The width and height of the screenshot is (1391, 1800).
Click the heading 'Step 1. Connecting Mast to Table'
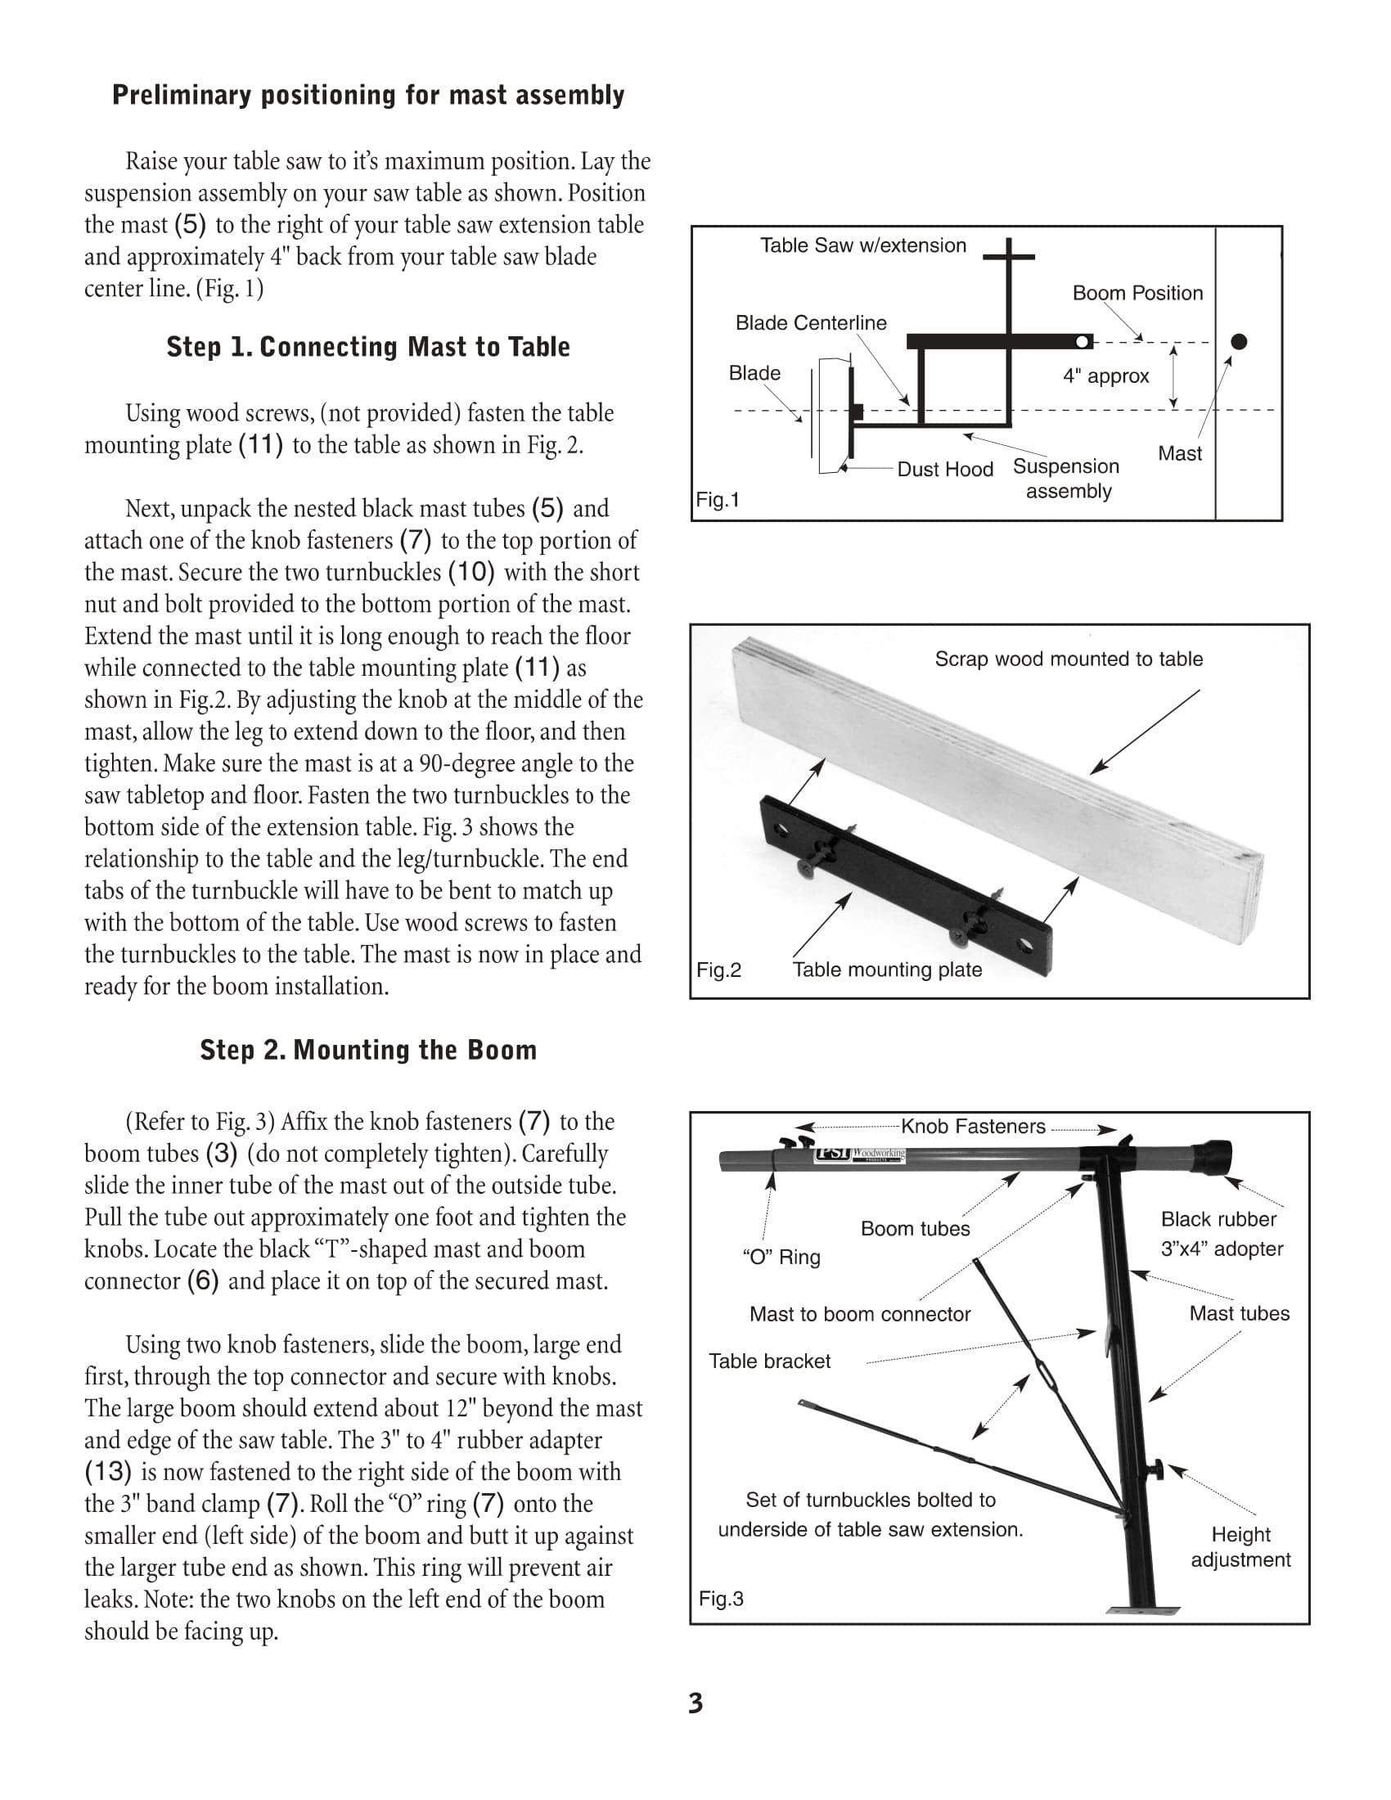click(x=367, y=347)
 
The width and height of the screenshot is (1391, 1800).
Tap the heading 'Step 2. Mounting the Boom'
click(x=367, y=1050)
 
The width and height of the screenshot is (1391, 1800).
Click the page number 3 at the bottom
click(x=695, y=1703)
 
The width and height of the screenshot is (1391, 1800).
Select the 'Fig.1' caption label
click(x=718, y=499)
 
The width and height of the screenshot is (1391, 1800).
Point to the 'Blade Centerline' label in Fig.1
click(x=811, y=323)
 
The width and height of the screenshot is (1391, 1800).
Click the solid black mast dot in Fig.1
click(x=1239, y=341)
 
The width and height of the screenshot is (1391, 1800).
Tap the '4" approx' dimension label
click(x=1106, y=376)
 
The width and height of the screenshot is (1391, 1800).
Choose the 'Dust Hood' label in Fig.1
click(x=945, y=469)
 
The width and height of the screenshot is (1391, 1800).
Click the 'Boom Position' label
click(x=1137, y=294)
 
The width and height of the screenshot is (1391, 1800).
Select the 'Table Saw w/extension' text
click(x=862, y=245)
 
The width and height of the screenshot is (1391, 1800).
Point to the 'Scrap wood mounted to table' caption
click(x=1068, y=659)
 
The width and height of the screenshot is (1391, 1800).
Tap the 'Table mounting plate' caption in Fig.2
click(x=887, y=970)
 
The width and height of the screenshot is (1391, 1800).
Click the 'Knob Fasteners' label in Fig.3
click(x=972, y=1127)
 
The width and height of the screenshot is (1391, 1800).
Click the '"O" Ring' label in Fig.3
click(x=781, y=1258)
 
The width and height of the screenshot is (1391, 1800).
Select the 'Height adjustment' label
click(x=1240, y=1547)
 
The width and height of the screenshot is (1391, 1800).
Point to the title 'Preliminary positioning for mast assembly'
click(x=367, y=96)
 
